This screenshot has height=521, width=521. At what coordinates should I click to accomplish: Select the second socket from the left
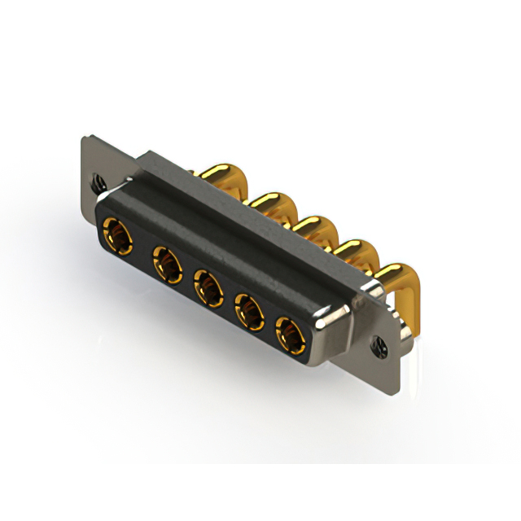point(167,264)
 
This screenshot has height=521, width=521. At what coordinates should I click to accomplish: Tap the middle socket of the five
point(208,287)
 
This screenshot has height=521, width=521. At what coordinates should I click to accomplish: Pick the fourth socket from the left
point(248,310)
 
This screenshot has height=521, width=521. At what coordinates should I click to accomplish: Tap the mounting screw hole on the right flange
point(379,345)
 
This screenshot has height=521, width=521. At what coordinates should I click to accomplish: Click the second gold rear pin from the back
point(269,204)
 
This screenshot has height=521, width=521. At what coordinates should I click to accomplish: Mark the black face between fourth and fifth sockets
point(269,322)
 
